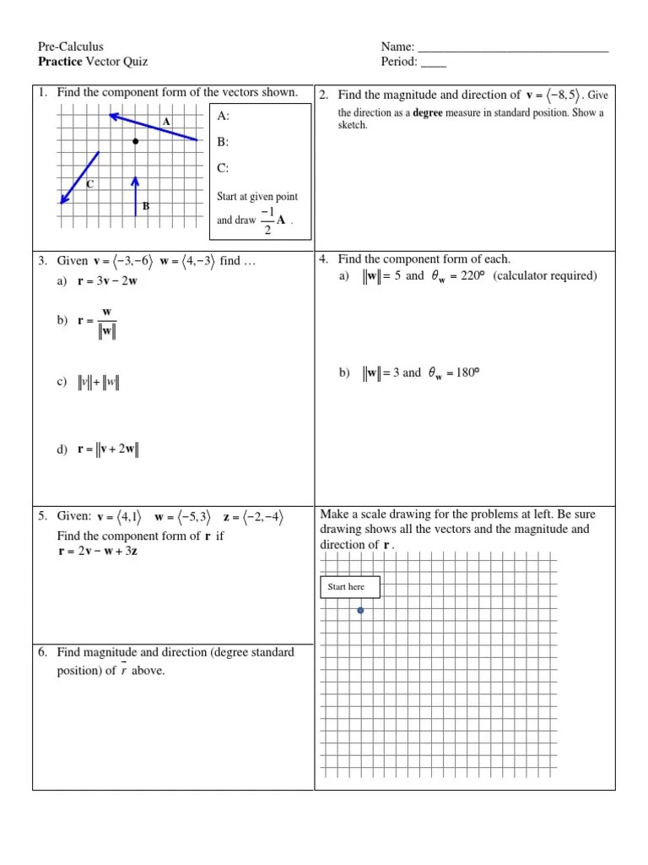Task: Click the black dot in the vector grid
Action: tap(135, 142)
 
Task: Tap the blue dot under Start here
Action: tap(360, 610)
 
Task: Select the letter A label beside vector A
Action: tap(166, 122)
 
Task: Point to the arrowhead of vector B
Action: tap(135, 180)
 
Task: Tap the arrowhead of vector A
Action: tap(113, 115)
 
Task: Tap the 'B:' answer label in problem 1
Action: tap(223, 142)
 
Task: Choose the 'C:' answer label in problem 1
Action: tap(223, 168)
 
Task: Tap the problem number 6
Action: tap(42, 652)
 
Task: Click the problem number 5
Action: tap(42, 517)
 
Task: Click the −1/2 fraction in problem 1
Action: tap(267, 220)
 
